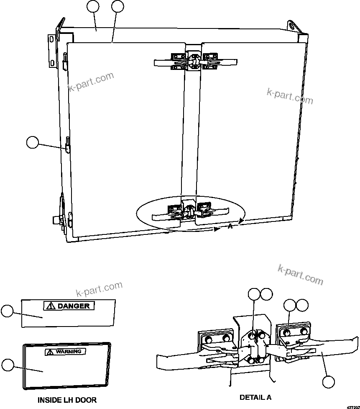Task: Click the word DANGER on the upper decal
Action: (74, 306)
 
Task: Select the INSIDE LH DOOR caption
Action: (67, 400)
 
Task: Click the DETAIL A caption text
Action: (258, 397)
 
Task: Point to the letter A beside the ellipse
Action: (230, 226)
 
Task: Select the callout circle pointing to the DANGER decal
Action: (7, 311)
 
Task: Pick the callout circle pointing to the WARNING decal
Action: (7, 364)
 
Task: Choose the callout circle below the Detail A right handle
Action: (329, 381)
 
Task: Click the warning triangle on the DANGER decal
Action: (51, 306)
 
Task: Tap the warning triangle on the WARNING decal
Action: (51, 352)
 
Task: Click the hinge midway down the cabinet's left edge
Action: (67, 145)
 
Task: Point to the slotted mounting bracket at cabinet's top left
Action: (51, 50)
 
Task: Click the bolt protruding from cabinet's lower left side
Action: (55, 219)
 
